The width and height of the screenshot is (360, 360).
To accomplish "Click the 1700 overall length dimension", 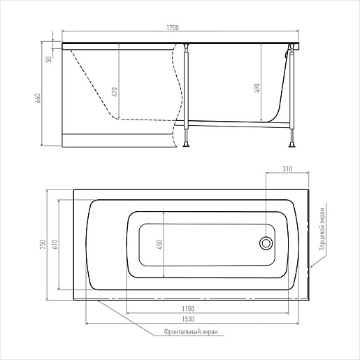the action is tap(173, 28).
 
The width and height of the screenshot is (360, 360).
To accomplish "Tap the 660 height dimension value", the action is tap(38, 98).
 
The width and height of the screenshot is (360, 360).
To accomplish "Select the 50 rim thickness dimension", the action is tap(49, 59).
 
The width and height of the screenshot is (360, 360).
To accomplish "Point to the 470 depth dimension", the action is tap(115, 92).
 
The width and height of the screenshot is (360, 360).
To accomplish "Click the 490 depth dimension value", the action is tap(257, 88).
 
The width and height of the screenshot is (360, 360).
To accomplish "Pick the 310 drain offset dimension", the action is tap(287, 168).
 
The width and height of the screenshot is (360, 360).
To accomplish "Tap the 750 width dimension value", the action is tap(43, 245).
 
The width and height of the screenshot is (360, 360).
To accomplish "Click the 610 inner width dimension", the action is tap(55, 245).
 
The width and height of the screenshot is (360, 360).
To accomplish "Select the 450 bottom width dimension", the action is tap(160, 245).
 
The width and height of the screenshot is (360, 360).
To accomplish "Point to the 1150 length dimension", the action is tap(188, 309).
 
